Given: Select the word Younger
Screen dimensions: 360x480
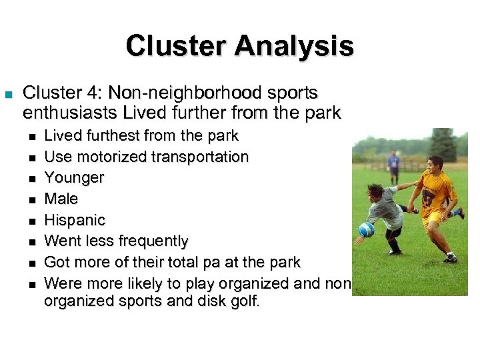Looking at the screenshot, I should pyautogui.click(x=74, y=178).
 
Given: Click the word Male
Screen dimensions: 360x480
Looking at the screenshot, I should pyautogui.click(x=61, y=199).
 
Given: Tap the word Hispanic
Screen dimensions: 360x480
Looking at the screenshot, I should pyautogui.click(x=75, y=220).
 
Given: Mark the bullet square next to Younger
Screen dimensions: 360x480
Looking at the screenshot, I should pyautogui.click(x=31, y=179).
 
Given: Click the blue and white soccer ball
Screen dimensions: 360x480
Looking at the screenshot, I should pyautogui.click(x=367, y=229).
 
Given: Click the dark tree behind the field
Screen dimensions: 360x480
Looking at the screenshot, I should pyautogui.click(x=443, y=143).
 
